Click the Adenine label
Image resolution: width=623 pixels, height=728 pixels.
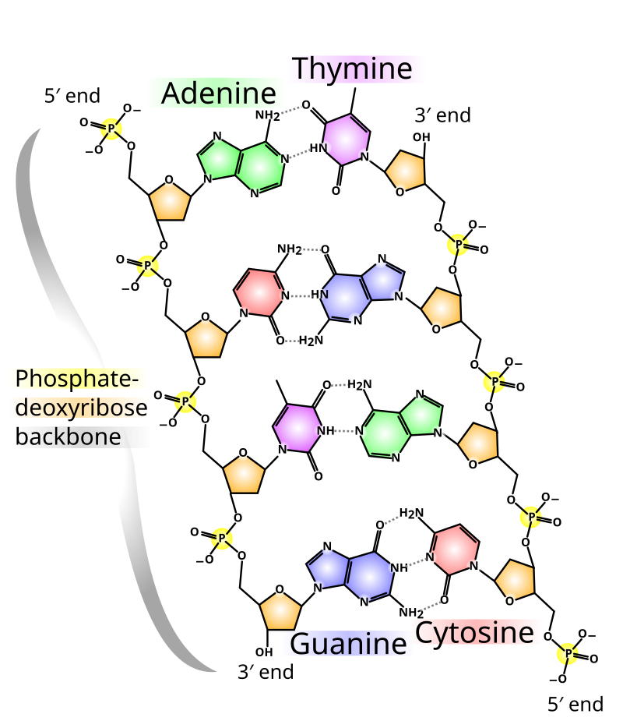pos(219,94)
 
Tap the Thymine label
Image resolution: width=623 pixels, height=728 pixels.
pos(352,69)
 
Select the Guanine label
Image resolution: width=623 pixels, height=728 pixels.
pos(348,644)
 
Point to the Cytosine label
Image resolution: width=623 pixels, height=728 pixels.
pos(474,633)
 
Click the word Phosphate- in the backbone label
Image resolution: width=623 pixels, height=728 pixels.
pos(77,378)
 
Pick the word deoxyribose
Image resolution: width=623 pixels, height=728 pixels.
pos(81,408)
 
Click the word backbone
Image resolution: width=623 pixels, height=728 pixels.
pos(69,436)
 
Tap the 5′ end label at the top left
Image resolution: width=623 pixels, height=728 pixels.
pos(72,96)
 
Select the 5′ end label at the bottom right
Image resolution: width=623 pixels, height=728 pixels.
pos(575,704)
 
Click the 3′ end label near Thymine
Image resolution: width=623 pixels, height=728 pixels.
pos(442,115)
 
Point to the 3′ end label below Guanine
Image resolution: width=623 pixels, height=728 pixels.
pos(266,672)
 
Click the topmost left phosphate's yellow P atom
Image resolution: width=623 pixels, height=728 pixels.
pos(111,128)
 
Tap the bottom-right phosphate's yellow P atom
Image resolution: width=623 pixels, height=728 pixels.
pos(568,654)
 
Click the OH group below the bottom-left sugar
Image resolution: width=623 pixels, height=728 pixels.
pos(264,652)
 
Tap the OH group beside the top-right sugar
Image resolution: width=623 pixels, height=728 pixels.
pos(421,137)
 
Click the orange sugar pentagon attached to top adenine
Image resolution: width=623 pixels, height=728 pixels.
pos(170,200)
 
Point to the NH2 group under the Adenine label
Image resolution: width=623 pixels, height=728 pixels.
pos(268,115)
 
